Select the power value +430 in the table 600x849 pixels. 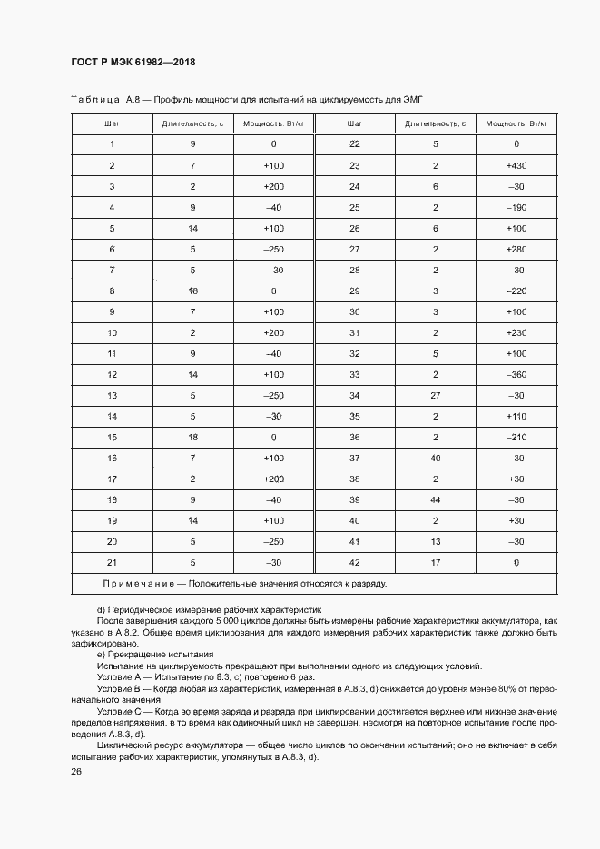(516, 165)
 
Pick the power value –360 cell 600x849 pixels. (516, 374)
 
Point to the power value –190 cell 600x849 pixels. (516, 207)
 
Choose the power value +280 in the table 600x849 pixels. (516, 249)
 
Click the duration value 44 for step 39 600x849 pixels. (435, 499)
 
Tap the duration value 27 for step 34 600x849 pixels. (435, 395)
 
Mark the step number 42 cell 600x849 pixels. (354, 562)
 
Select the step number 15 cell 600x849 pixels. (112, 437)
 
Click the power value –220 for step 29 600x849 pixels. (516, 291)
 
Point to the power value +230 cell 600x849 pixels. (516, 332)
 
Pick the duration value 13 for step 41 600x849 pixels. (435, 541)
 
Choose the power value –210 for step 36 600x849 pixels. (516, 437)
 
